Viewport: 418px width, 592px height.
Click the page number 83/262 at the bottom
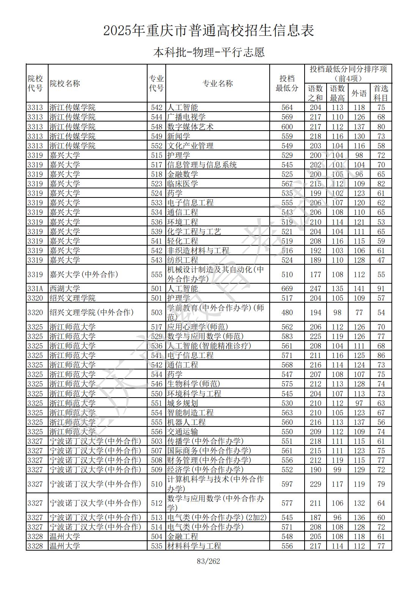pos(209,561)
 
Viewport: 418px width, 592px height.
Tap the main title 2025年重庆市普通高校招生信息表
pos(209,31)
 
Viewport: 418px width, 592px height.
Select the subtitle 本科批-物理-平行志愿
pos(209,52)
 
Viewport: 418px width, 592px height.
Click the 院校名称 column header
pos(65,84)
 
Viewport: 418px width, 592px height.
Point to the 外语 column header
pos(359,93)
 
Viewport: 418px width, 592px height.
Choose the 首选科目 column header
pos(381,93)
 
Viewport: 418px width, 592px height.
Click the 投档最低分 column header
pos(287,84)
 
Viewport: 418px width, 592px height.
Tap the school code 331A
pos(35,289)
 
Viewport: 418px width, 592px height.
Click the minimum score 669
pos(287,289)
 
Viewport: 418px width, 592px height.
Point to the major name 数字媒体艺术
pos(190,127)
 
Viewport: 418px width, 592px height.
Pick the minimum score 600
pos(287,127)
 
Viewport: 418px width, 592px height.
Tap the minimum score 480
pos(287,313)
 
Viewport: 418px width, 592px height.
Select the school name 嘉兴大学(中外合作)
pos(84,274)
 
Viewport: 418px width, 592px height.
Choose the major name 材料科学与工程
pos(194,546)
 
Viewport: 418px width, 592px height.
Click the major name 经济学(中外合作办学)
pos(205,470)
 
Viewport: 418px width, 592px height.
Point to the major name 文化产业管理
pos(190,146)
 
